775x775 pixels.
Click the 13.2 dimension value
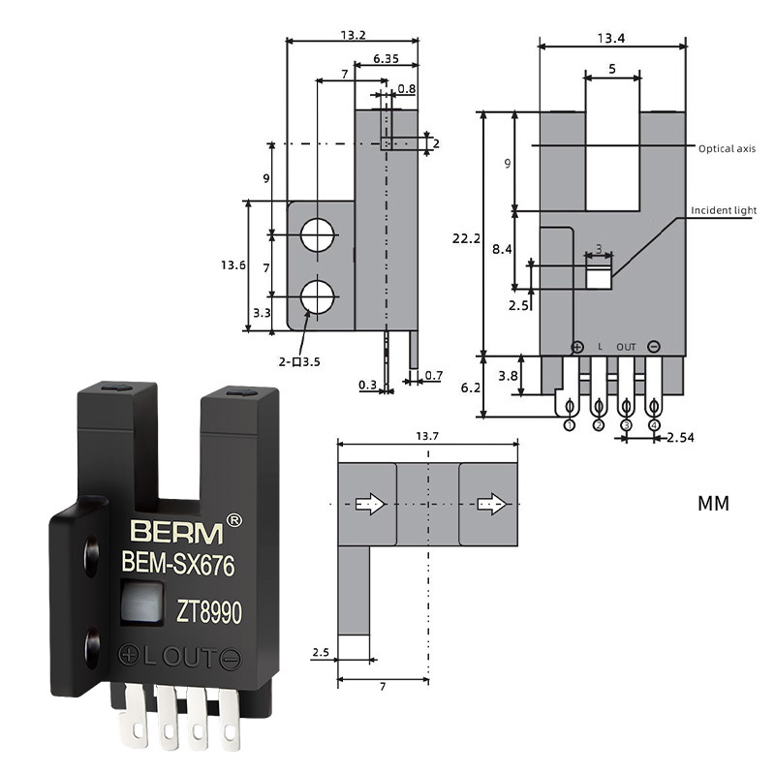[x=353, y=35]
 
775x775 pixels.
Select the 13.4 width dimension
[x=611, y=38]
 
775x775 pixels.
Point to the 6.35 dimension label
[x=385, y=58]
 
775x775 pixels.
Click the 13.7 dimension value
[x=426, y=437]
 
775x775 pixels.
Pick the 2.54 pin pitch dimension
[x=679, y=438]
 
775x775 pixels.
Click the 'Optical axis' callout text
[x=727, y=148]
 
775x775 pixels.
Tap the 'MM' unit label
[x=713, y=504]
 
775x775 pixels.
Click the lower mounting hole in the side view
[x=317, y=297]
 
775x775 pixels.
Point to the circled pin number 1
[x=570, y=424]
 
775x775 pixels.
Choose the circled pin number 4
[x=654, y=424]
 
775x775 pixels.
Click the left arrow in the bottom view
[x=371, y=504]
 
